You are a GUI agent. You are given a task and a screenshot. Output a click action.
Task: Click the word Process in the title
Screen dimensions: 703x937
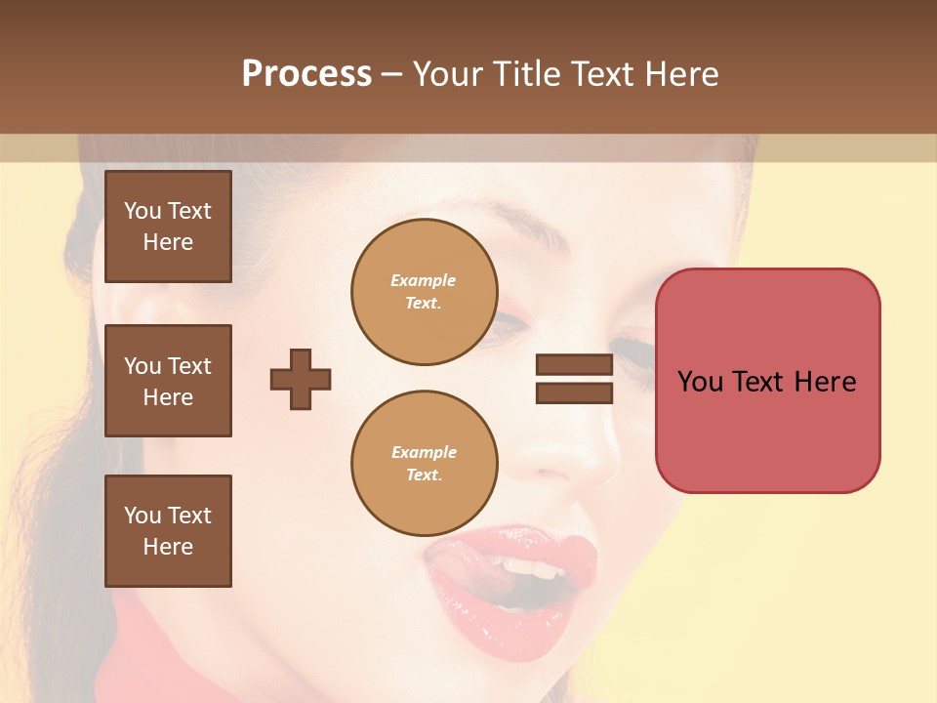click(x=306, y=74)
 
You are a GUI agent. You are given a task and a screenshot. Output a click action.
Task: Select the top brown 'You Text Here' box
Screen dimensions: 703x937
click(x=168, y=227)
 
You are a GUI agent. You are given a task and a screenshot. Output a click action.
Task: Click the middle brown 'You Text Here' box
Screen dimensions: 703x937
click(x=168, y=381)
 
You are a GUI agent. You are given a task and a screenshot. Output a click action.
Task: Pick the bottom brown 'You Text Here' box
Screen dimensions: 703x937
click(x=168, y=530)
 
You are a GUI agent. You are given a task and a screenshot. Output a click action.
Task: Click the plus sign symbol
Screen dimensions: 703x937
click(x=301, y=379)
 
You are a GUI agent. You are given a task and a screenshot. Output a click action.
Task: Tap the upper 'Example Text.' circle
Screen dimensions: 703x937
click(x=424, y=292)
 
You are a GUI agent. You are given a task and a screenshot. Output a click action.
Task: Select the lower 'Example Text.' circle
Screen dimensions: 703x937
click(x=424, y=464)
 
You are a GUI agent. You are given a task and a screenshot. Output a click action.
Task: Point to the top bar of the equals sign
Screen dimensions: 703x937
click(x=574, y=365)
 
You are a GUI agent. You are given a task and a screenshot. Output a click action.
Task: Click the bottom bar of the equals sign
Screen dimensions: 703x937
click(x=574, y=393)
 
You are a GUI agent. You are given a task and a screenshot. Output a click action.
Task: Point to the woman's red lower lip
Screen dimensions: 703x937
click(x=498, y=610)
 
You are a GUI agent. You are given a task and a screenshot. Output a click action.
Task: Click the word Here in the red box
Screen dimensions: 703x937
click(x=825, y=382)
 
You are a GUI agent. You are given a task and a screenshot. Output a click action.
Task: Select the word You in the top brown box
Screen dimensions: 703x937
click(x=143, y=211)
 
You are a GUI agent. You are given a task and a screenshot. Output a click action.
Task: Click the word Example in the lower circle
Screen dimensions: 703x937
click(x=424, y=452)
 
